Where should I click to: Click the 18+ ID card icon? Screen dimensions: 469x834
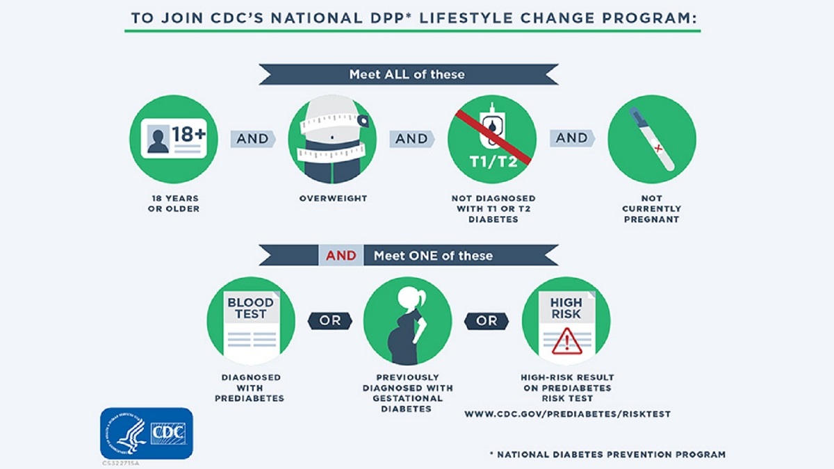coord(173,139)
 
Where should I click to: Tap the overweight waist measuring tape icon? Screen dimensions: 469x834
coord(332,139)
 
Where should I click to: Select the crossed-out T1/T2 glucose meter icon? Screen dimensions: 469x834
coord(492,139)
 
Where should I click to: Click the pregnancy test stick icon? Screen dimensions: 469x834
coord(651,139)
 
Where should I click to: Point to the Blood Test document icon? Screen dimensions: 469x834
coord(251,320)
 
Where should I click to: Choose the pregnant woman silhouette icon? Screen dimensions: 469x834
coord(407,320)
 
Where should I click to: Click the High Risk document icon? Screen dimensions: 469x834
coord(566,320)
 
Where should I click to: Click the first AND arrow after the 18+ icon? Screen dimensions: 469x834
coord(253,139)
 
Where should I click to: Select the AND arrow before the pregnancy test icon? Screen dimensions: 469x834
coord(572,138)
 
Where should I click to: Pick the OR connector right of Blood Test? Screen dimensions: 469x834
coord(329,321)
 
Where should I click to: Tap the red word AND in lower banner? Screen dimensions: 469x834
coord(341,256)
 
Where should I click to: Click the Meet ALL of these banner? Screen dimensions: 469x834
coord(407,74)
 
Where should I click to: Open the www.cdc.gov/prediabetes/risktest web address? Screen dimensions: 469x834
coord(567,414)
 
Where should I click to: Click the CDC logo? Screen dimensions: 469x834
coord(147,433)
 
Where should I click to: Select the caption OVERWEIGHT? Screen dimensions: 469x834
coord(333,199)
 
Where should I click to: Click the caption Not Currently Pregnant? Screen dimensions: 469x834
coord(651,208)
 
